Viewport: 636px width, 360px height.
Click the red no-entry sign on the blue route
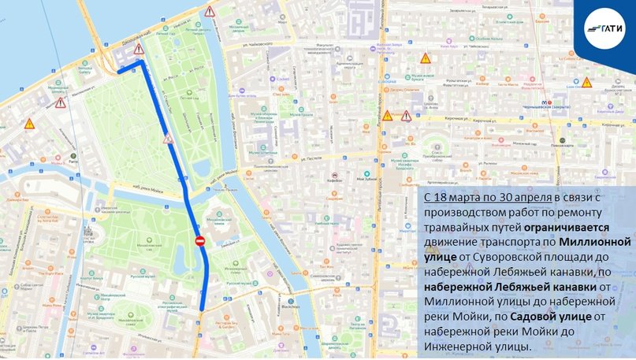pyautogui.click(x=200, y=240)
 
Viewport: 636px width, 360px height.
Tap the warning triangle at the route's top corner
pyautogui.click(x=139, y=50)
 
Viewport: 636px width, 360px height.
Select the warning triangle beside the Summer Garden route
pyautogui.click(x=169, y=139)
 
